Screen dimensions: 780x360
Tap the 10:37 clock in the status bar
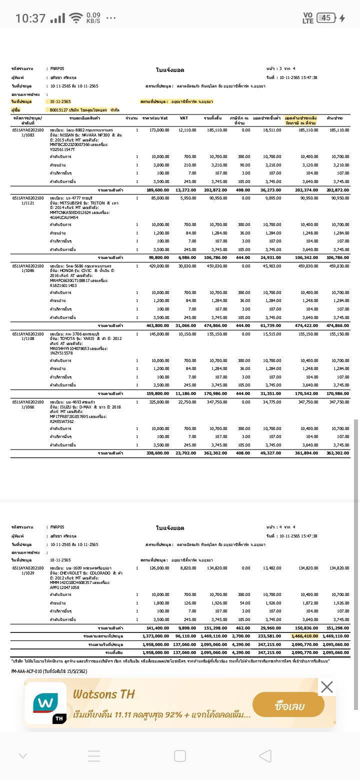pyautogui.click(x=30, y=18)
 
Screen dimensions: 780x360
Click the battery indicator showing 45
pyautogui.click(x=325, y=18)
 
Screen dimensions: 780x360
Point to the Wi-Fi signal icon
pyautogui.click(x=75, y=18)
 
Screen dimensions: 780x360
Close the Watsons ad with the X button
pyautogui.click(x=326, y=687)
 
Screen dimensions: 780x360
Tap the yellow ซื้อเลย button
pyautogui.click(x=288, y=706)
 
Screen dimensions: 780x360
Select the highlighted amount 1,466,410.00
pyautogui.click(x=305, y=636)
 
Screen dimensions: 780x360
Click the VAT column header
pyautogui.click(x=183, y=118)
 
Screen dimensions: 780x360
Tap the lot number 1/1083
pyautogui.click(x=28, y=135)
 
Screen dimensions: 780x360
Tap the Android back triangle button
pyautogui.click(x=265, y=755)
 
